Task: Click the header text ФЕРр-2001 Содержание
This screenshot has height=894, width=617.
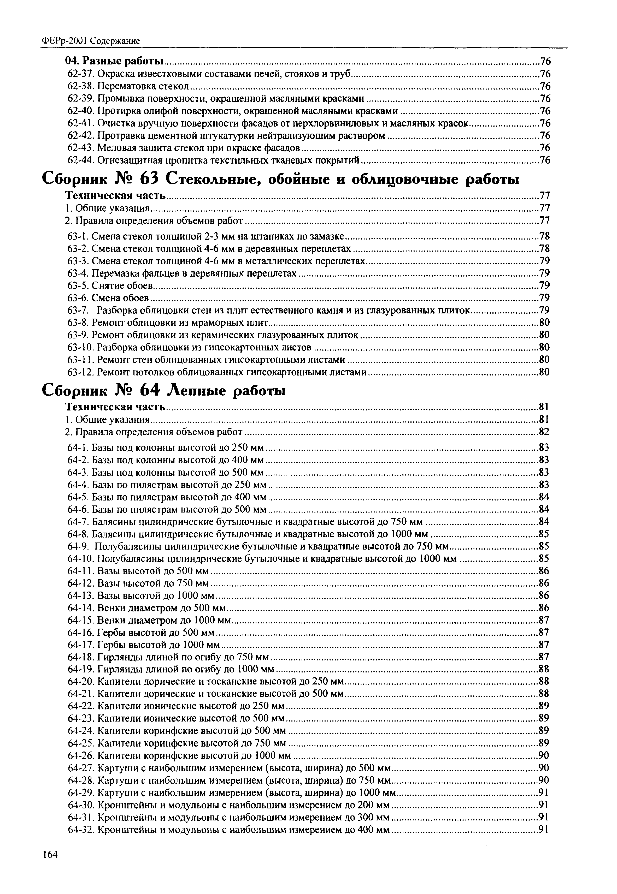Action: pos(90,41)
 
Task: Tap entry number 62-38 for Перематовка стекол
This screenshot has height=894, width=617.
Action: pos(80,86)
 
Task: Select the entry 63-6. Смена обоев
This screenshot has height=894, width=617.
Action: pos(108,298)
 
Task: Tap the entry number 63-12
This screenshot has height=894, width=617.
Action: pos(81,372)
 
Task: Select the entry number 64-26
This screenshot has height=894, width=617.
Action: pos(81,755)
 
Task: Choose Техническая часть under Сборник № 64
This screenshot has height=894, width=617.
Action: pos(115,407)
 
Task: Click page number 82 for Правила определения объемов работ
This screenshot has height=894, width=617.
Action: pos(544,432)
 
